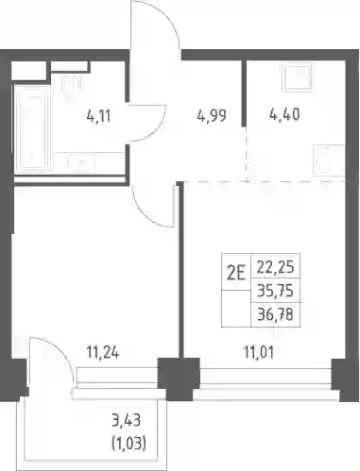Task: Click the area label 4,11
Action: pyautogui.click(x=98, y=116)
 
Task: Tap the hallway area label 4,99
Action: pyautogui.click(x=212, y=115)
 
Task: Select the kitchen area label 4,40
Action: pyautogui.click(x=284, y=114)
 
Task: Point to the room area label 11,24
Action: pyautogui.click(x=103, y=352)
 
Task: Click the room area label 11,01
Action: pyautogui.click(x=259, y=352)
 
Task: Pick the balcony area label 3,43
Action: pyautogui.click(x=126, y=420)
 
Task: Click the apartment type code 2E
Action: pyautogui.click(x=236, y=274)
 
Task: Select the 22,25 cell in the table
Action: pyautogui.click(x=275, y=267)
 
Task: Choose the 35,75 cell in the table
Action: pyautogui.click(x=275, y=291)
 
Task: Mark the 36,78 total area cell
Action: pyautogui.click(x=275, y=314)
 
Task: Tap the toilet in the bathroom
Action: pyautogui.click(x=72, y=82)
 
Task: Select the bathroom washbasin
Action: pyautogui.click(x=81, y=162)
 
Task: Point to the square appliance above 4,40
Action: pyautogui.click(x=299, y=76)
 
